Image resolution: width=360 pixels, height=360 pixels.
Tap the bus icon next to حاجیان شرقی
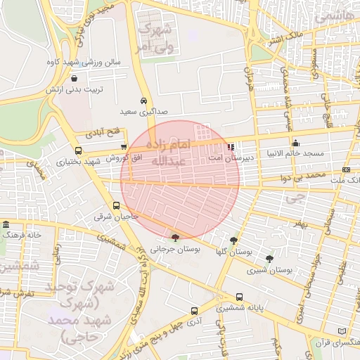(x=117, y=205)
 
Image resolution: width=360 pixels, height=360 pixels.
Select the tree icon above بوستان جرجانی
(x=175, y=238)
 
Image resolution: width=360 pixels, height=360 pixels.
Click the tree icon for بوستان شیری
(x=269, y=259)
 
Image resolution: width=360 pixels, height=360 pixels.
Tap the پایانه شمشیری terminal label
(x=219, y=307)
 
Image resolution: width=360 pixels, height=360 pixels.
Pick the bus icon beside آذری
(x=194, y=310)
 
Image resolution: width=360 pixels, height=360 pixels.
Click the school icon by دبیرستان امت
(x=231, y=148)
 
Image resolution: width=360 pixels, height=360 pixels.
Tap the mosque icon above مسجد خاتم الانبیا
(x=295, y=141)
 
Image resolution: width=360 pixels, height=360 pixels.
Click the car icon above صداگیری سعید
(x=143, y=101)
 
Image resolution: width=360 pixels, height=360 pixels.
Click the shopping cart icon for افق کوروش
(x=124, y=147)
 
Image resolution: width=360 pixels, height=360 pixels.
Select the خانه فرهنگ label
(x=23, y=234)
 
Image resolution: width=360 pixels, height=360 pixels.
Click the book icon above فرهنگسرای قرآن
(x=342, y=331)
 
